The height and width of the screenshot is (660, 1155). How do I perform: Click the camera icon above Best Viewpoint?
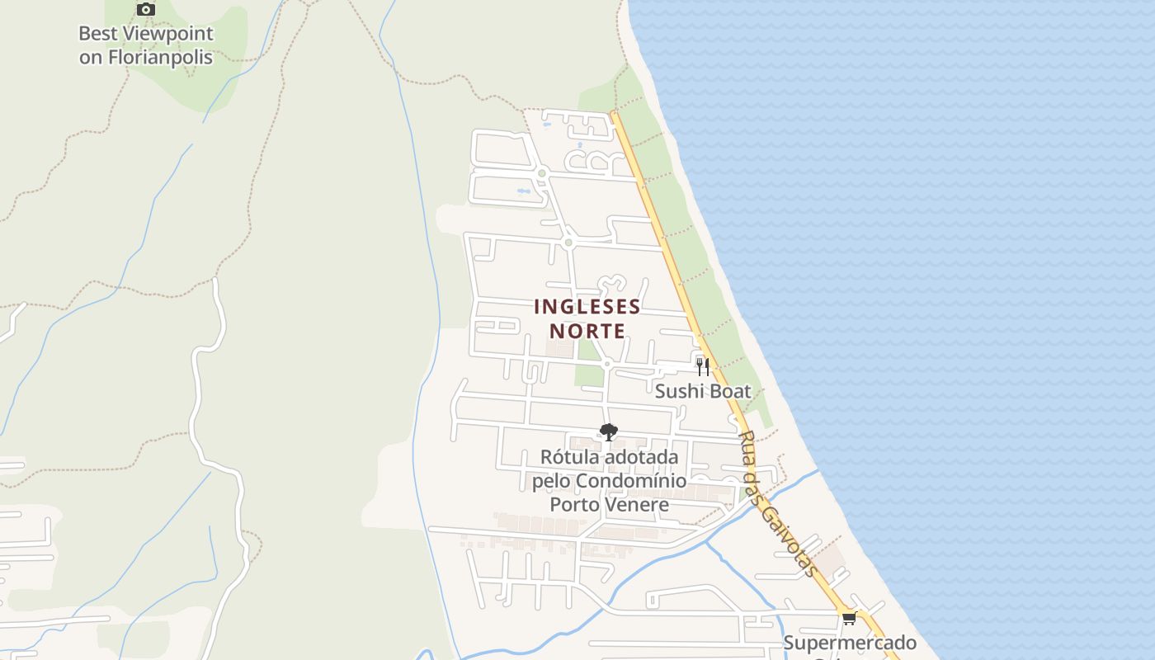pyautogui.click(x=146, y=9)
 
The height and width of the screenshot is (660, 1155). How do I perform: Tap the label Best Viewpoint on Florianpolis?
pyautogui.click(x=146, y=45)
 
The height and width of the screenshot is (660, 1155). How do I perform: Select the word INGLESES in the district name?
pyautogui.click(x=587, y=307)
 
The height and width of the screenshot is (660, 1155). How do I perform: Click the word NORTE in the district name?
pyautogui.click(x=587, y=331)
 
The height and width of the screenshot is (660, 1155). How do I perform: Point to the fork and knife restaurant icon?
pyautogui.click(x=702, y=366)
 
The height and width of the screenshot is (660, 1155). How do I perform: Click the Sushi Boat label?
pyautogui.click(x=703, y=391)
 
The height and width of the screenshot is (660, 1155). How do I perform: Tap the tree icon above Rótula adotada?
pyautogui.click(x=609, y=431)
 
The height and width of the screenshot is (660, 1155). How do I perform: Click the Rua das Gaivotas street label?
pyautogui.click(x=778, y=503)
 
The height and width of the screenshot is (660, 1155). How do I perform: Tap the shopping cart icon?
pyautogui.click(x=849, y=618)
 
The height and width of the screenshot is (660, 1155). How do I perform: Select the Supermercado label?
pyautogui.click(x=850, y=643)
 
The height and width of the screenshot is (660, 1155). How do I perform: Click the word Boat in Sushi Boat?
pyautogui.click(x=728, y=391)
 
